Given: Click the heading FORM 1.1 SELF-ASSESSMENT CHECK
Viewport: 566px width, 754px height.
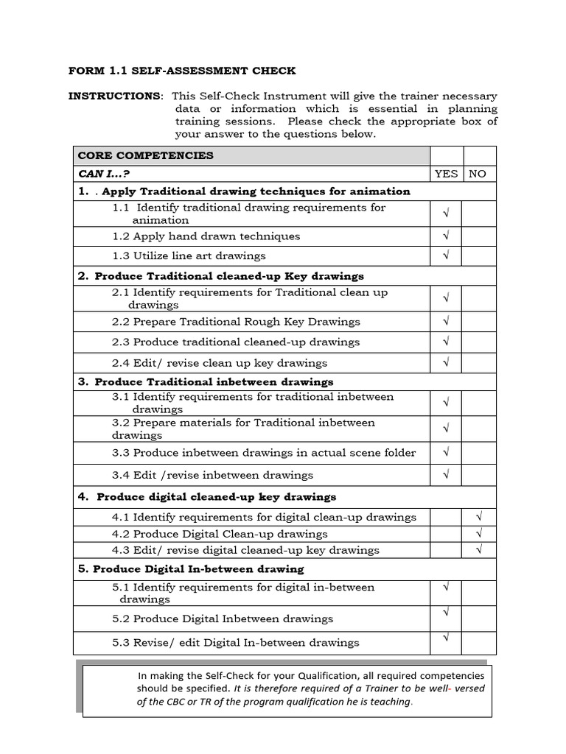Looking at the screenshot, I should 182,71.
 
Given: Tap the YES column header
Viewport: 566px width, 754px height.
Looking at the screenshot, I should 446,174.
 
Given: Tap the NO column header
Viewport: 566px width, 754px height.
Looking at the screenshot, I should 478,174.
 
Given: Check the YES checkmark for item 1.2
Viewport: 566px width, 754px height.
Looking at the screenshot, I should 446,236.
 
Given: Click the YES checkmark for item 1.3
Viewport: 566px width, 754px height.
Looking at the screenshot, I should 446,256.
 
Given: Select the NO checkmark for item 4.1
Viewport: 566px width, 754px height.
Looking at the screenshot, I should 479,517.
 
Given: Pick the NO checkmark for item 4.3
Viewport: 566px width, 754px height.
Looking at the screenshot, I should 479,549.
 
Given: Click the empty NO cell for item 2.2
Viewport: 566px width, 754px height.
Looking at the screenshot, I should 479,322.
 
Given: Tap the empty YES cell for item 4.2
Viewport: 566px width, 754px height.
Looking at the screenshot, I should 446,534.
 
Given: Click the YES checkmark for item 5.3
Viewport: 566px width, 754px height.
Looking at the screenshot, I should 446,638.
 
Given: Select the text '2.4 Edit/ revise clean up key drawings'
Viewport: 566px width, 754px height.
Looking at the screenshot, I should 220,363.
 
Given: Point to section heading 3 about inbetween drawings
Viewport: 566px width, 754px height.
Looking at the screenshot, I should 206,381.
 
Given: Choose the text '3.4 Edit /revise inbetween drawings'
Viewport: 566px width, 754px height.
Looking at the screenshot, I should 212,475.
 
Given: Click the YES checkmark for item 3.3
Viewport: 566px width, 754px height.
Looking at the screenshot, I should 446,452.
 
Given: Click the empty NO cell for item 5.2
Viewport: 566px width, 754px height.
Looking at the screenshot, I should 479,619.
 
